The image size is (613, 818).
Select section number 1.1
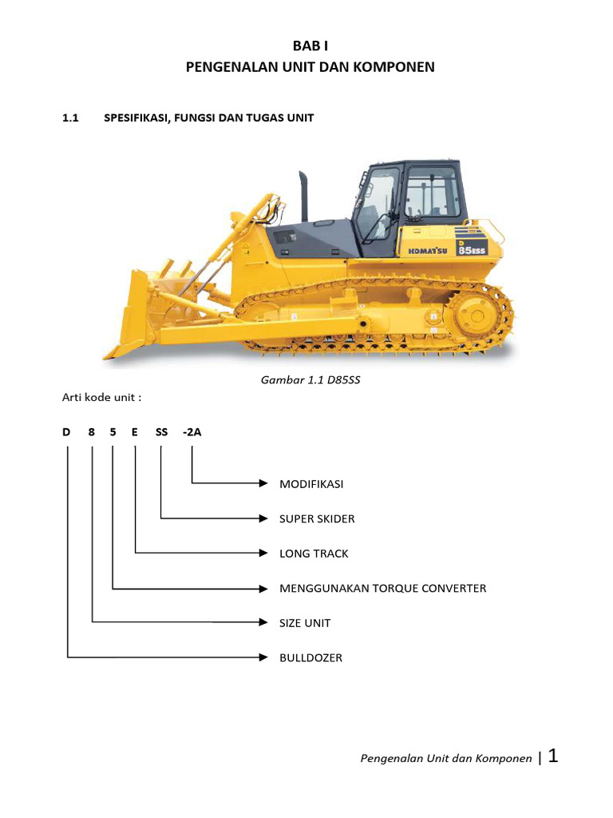click(x=72, y=118)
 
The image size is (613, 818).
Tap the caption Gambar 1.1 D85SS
click(x=310, y=379)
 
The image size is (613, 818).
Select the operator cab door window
click(x=375, y=204)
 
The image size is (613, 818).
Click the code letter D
click(x=67, y=432)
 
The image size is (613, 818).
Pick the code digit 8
click(x=92, y=432)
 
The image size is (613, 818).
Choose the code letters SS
click(x=162, y=432)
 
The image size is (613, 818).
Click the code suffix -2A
click(x=192, y=432)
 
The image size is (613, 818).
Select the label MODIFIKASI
click(x=311, y=484)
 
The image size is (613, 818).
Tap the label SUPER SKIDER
click(x=317, y=519)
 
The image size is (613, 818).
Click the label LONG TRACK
click(x=314, y=554)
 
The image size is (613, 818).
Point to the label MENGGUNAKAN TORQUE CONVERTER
click(x=382, y=589)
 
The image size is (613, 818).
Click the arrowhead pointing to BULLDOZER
click(x=263, y=658)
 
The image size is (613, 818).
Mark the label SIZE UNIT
click(x=305, y=623)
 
